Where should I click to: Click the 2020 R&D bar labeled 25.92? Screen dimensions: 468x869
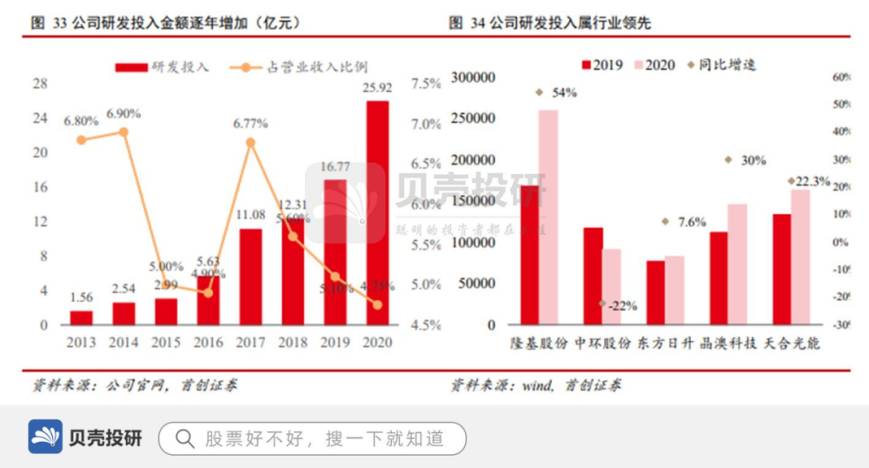pyautogui.click(x=377, y=213)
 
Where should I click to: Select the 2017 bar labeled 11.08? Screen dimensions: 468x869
pyautogui.click(x=250, y=277)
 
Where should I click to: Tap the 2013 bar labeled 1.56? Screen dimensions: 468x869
pyautogui.click(x=81, y=318)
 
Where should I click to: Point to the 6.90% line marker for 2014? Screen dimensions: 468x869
pyautogui.click(x=123, y=132)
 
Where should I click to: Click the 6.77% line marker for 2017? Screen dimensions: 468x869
pyautogui.click(x=250, y=143)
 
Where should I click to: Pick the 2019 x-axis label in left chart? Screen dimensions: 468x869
pyautogui.click(x=335, y=343)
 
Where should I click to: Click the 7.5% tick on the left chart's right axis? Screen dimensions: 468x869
pyautogui.click(x=427, y=84)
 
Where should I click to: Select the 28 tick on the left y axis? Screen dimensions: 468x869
pyautogui.click(x=40, y=84)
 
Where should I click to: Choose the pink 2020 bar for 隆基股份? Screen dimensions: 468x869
pyautogui.click(x=548, y=217)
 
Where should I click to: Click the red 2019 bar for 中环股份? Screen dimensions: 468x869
pyautogui.click(x=593, y=276)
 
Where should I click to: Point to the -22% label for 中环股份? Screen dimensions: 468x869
pyautogui.click(x=621, y=305)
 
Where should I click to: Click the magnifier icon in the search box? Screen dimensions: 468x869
pyautogui.click(x=184, y=438)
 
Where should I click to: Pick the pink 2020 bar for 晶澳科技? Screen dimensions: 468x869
pyautogui.click(x=737, y=264)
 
